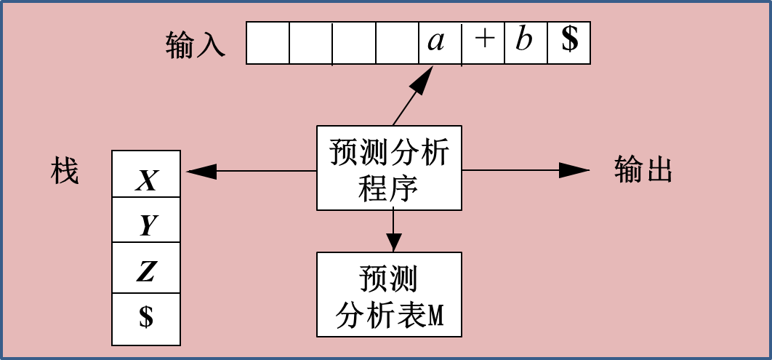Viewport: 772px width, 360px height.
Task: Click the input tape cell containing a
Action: pos(440,43)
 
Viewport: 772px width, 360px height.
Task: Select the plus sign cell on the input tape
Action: pos(483,43)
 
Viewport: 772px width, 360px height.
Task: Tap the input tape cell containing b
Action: pos(526,43)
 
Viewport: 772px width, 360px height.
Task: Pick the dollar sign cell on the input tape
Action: pos(569,43)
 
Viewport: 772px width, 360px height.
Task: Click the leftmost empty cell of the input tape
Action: pos(268,43)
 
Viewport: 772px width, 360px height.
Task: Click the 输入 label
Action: pos(196,44)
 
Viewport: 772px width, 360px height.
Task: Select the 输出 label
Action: pos(643,170)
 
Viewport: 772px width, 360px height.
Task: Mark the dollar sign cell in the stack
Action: pos(146,319)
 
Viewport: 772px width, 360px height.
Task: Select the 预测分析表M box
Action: pos(389,295)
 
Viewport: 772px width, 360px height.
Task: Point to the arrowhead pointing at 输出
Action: pos(575,170)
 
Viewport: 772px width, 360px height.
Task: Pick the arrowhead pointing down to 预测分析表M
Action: pos(393,243)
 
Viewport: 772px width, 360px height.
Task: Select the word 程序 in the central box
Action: pos(389,188)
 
